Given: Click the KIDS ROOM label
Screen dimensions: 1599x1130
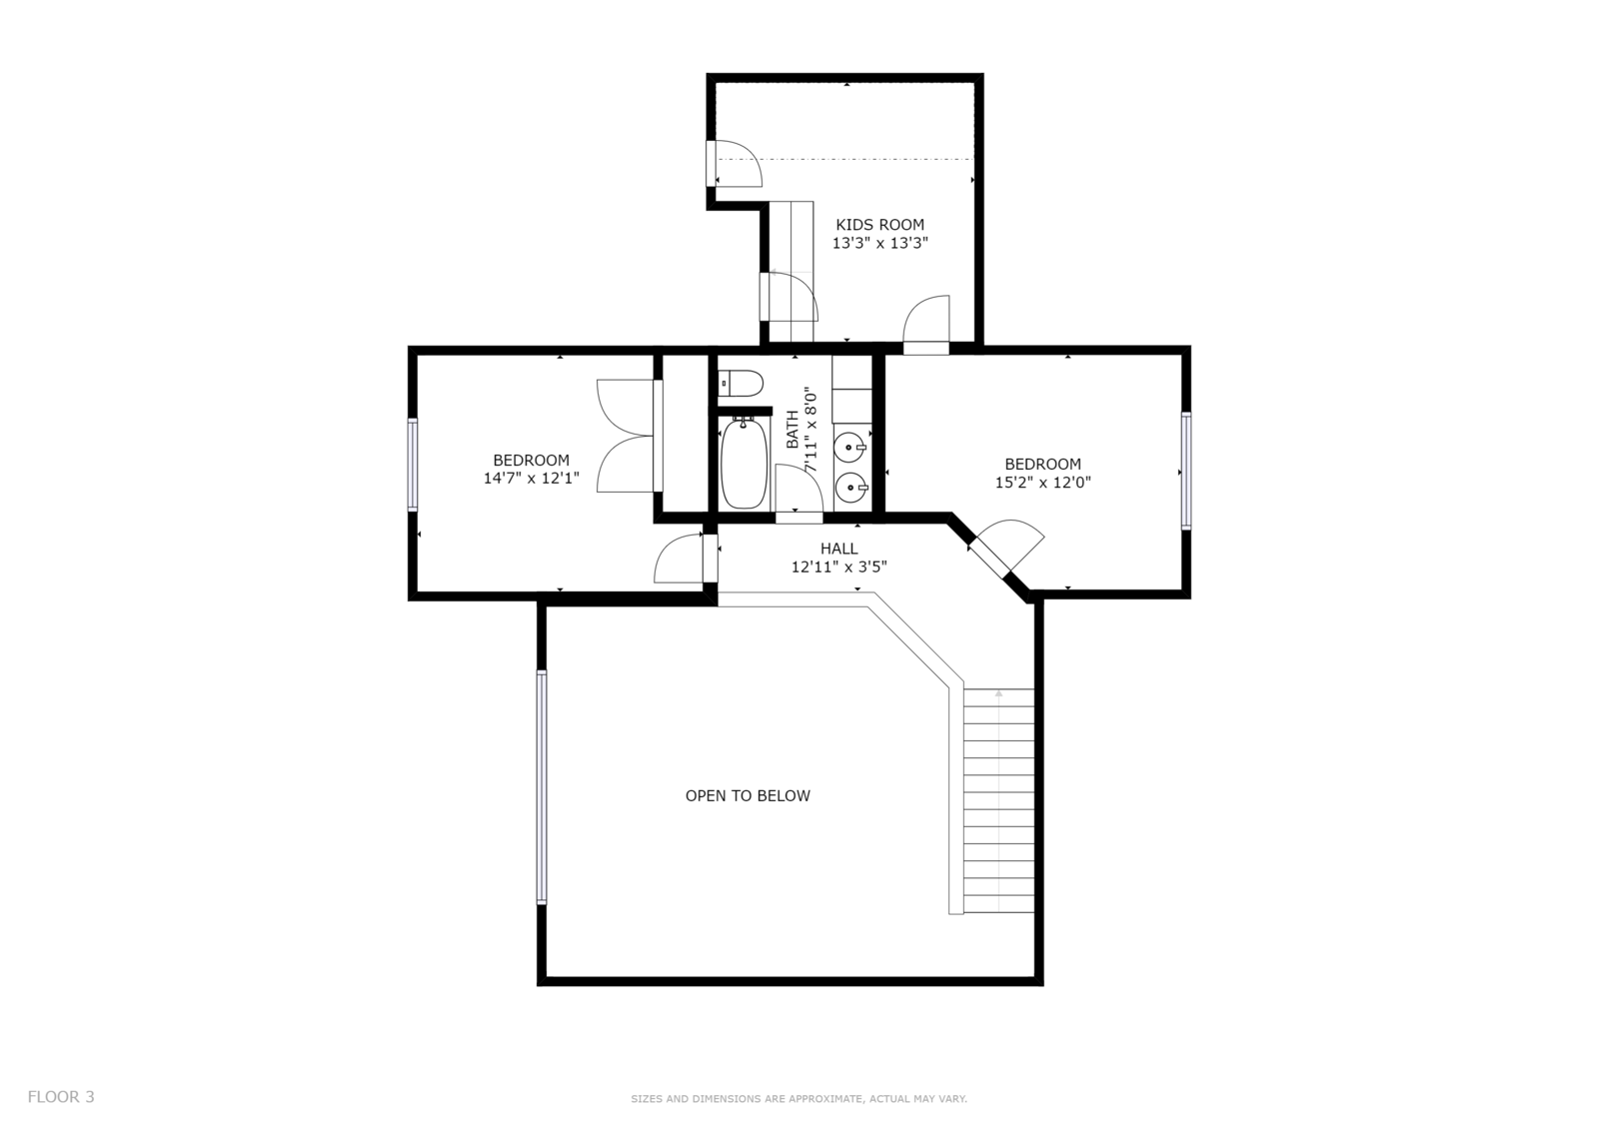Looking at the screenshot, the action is coord(879,224).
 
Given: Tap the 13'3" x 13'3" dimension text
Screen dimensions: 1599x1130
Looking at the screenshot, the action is coord(879,243).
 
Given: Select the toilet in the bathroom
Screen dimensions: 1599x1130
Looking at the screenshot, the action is coord(741,383).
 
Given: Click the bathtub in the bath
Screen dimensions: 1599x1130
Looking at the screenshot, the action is coord(744,463).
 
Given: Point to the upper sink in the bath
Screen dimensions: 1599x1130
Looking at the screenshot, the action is coord(850,448).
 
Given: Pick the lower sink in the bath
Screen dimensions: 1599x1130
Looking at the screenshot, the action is coord(850,489).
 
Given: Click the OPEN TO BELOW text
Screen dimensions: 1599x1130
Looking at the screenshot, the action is coord(748,796).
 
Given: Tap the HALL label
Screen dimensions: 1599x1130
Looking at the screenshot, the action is coord(838,549).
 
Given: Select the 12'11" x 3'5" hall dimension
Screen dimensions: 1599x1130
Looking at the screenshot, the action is coord(838,566).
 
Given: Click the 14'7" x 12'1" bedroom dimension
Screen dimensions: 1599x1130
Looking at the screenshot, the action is coord(531,479).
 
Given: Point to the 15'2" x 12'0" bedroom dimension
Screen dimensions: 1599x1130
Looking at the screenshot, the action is coord(1043,482).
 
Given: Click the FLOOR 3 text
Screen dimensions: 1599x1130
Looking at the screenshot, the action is coord(61,1096).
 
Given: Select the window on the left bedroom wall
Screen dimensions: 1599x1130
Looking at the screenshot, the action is coord(413,464).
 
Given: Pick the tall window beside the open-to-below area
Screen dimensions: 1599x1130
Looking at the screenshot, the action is coord(542,787).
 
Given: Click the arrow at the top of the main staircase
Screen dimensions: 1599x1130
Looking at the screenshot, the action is coord(998,693).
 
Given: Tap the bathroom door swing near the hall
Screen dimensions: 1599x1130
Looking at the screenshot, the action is coord(799,489).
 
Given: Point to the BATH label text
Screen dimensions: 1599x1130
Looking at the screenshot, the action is coord(793,429).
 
